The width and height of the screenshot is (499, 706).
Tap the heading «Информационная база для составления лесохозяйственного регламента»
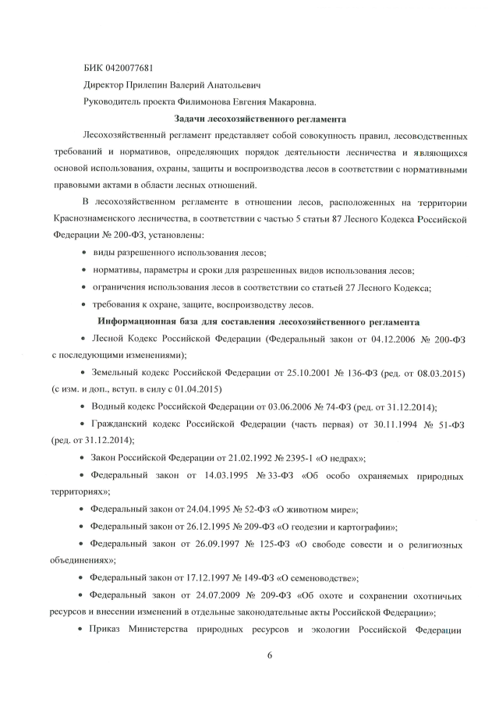point(259,321)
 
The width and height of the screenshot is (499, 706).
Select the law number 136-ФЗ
point(338,373)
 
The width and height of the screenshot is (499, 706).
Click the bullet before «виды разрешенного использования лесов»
point(84,254)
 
